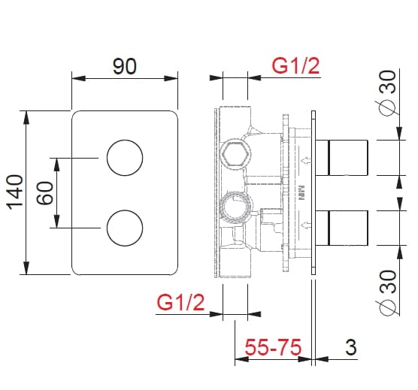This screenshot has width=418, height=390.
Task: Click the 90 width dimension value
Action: pos(124,66)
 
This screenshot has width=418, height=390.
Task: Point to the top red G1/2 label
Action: pos(295,66)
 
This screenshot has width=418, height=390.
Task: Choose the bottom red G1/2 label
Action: pos(180,304)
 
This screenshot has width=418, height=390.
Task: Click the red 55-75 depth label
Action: pos(274,348)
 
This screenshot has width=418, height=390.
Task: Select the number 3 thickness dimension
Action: pos(350,348)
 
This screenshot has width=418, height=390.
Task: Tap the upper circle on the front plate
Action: pos(124,158)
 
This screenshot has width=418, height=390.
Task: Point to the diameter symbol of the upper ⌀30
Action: pos(388,108)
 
